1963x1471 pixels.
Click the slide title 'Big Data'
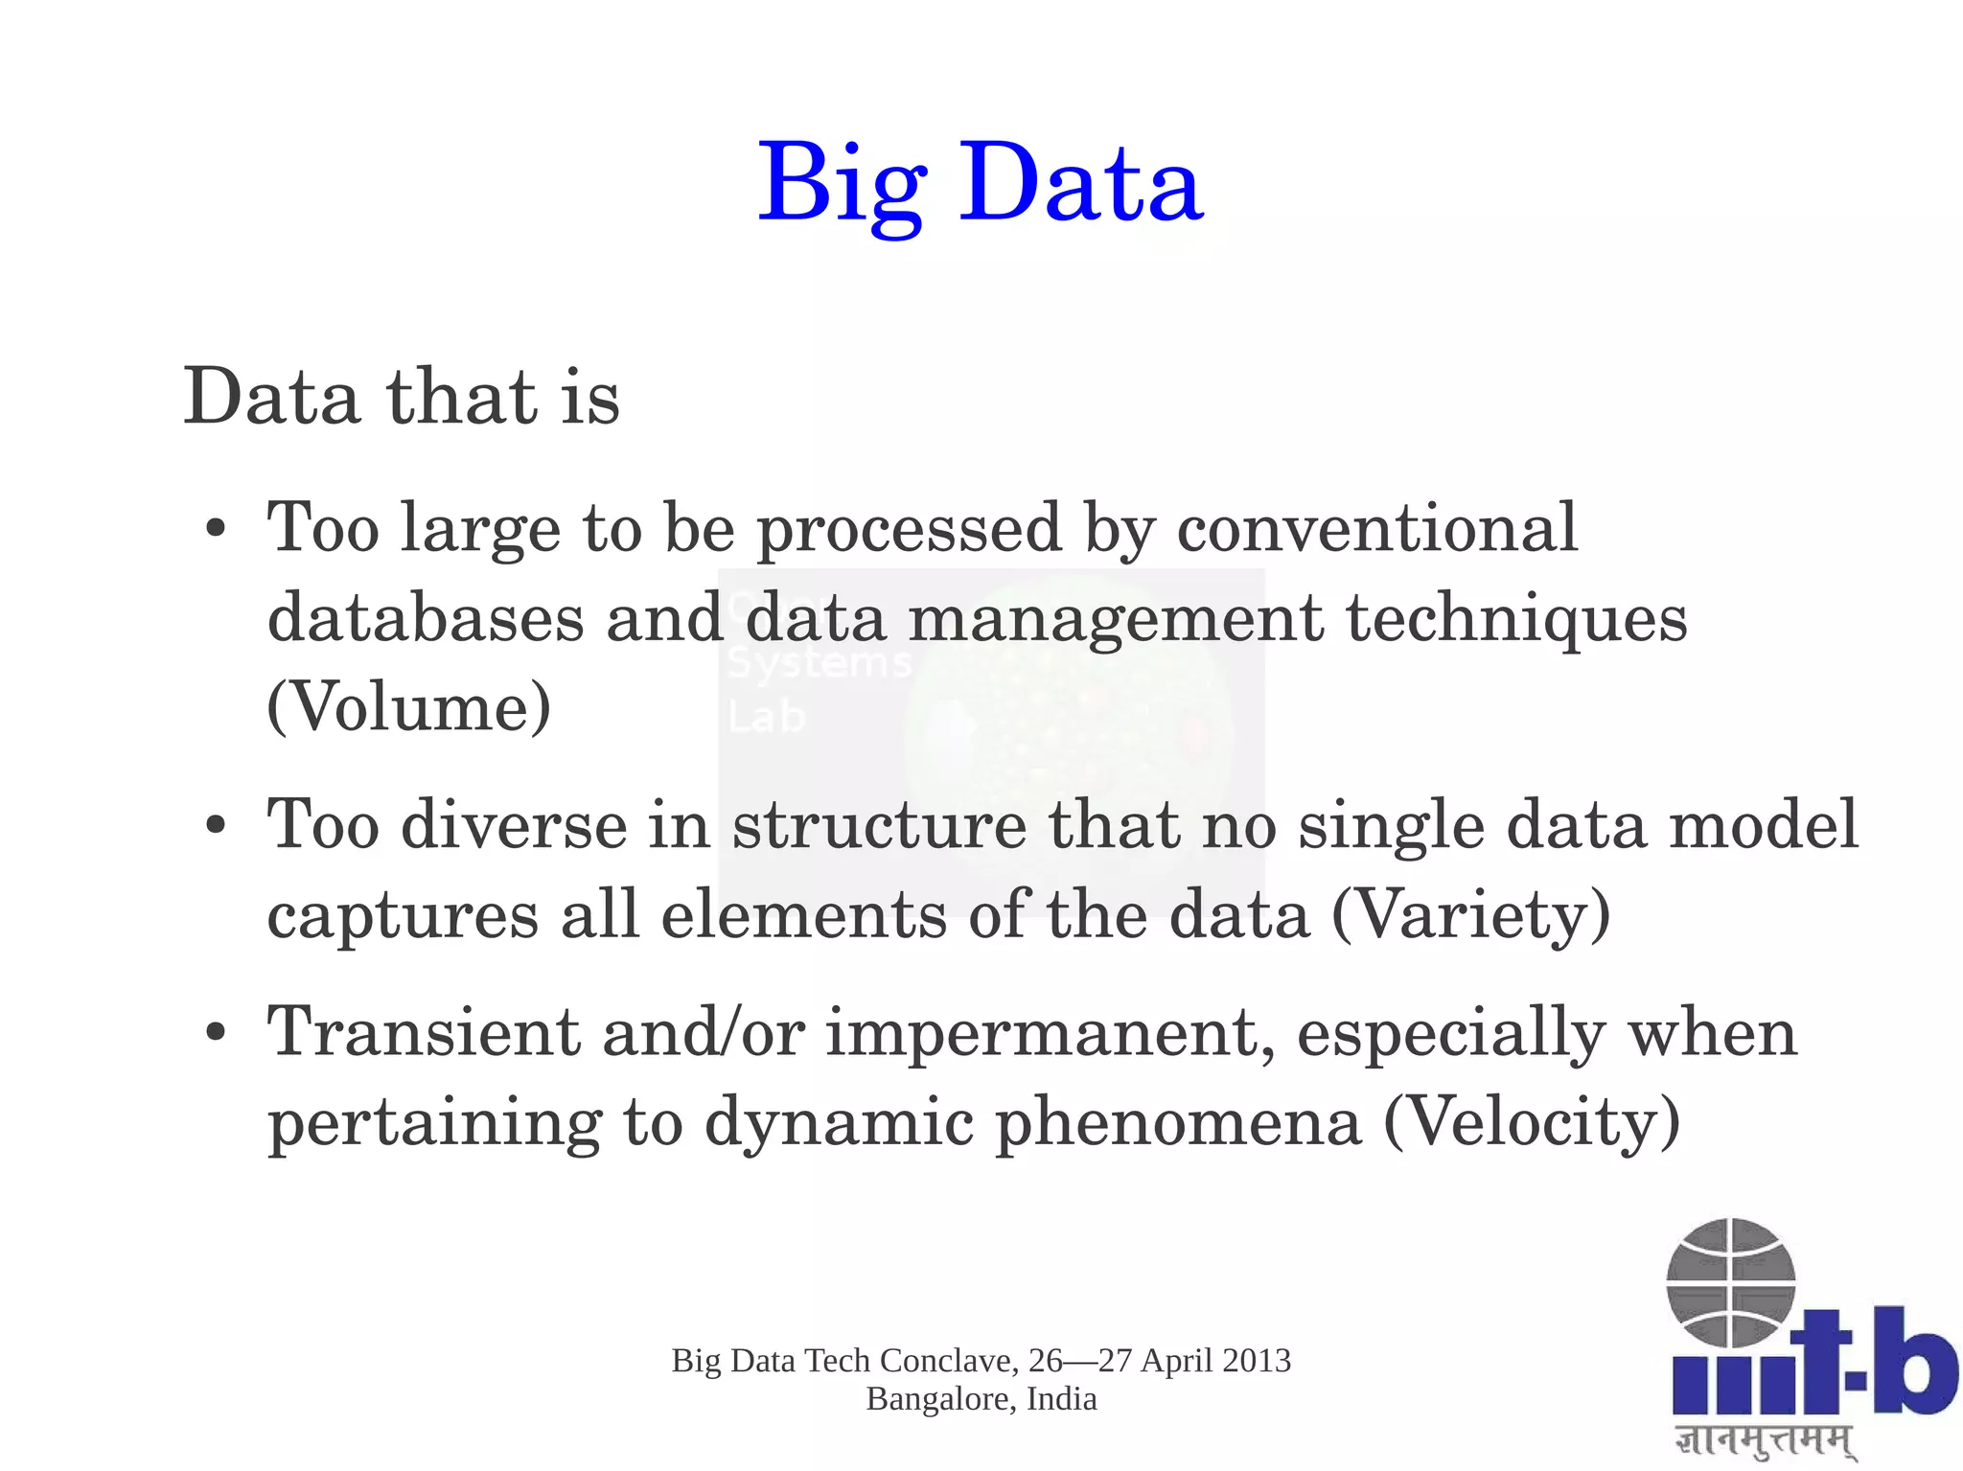click(980, 182)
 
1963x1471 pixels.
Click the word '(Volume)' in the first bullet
click(409, 706)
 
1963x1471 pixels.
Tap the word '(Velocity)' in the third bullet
click(1532, 1120)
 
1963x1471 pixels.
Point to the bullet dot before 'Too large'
click(217, 530)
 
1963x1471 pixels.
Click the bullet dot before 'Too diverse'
click(217, 826)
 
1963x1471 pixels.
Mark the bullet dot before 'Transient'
click(217, 1033)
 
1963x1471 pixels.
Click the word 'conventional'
click(1376, 528)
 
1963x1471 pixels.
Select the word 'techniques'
click(1516, 617)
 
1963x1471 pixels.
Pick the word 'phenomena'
click(1178, 1120)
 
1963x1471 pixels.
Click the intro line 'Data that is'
click(402, 396)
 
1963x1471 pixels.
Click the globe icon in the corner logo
click(1730, 1282)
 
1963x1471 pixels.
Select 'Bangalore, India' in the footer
click(981, 1399)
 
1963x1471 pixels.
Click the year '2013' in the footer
click(1256, 1361)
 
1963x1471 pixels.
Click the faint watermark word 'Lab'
click(766, 717)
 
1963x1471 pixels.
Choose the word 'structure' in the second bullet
click(879, 824)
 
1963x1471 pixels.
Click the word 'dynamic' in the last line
click(839, 1120)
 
